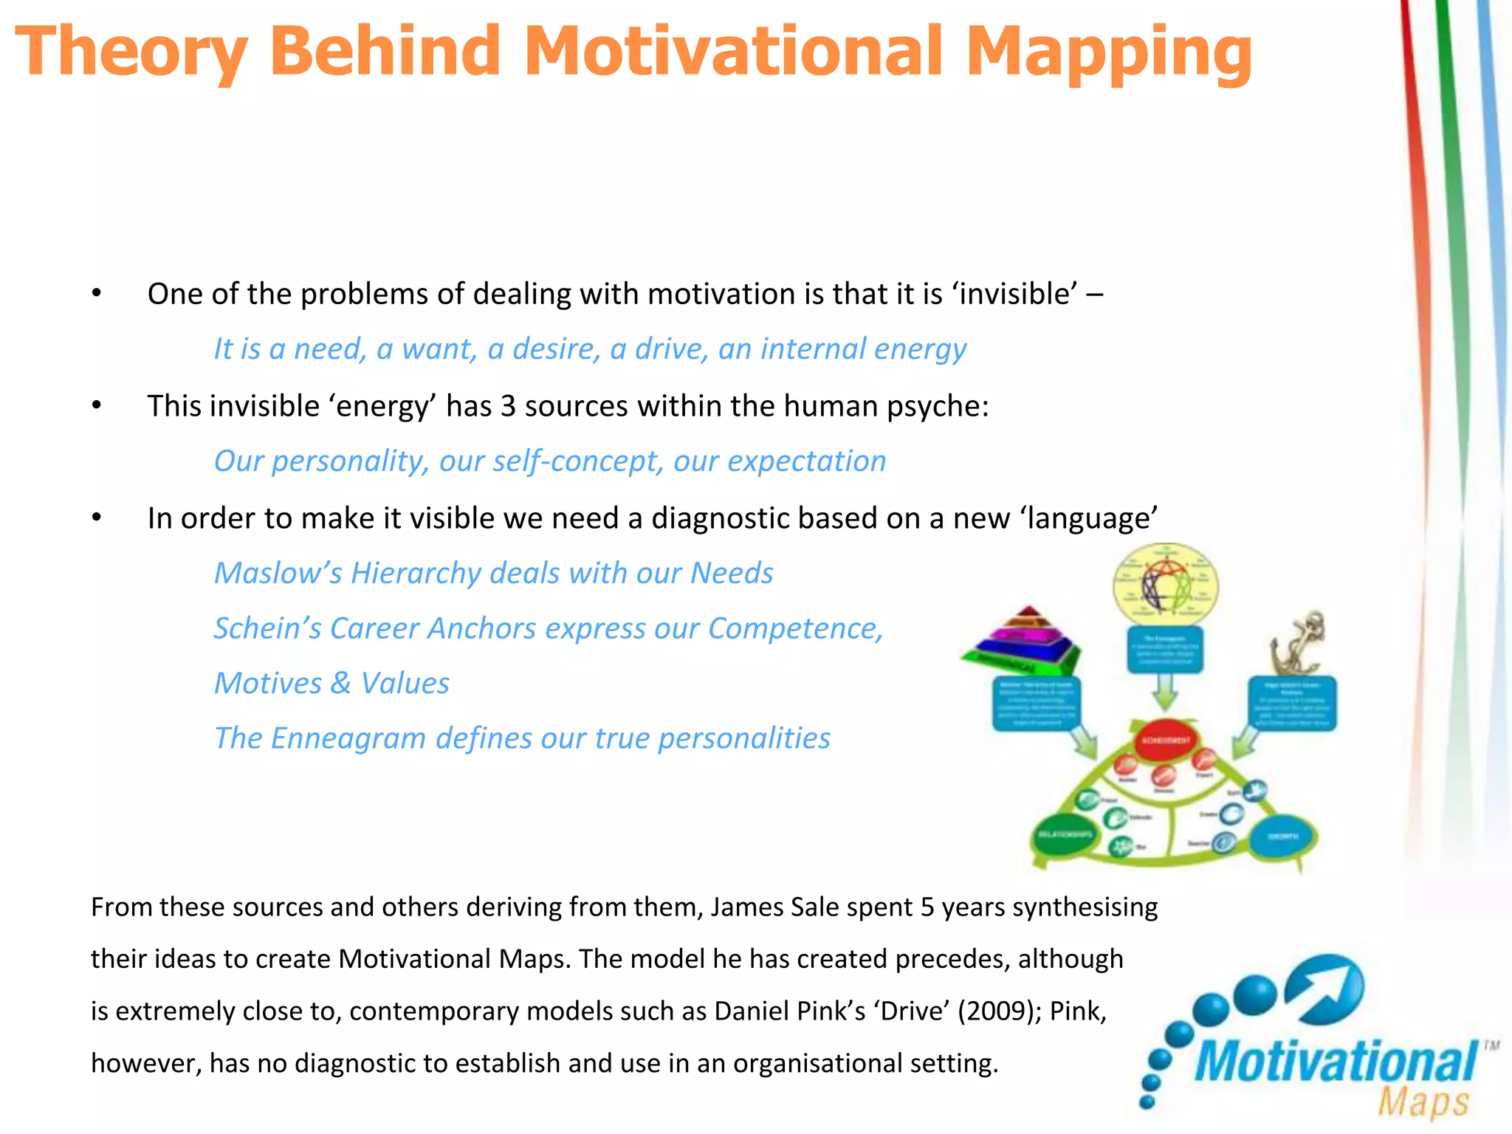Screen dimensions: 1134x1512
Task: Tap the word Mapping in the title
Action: tap(1108, 52)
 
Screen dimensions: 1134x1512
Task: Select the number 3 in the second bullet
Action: tap(508, 406)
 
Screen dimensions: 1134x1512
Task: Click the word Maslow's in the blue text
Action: tap(278, 573)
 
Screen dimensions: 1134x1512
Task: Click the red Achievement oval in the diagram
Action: tap(1166, 740)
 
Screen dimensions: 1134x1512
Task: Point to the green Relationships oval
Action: tap(1065, 835)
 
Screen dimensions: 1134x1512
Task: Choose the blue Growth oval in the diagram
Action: tap(1283, 836)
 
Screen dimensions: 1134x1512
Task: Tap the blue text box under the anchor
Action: tap(1292, 703)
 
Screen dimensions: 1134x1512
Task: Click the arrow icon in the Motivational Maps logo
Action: tap(1326, 989)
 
